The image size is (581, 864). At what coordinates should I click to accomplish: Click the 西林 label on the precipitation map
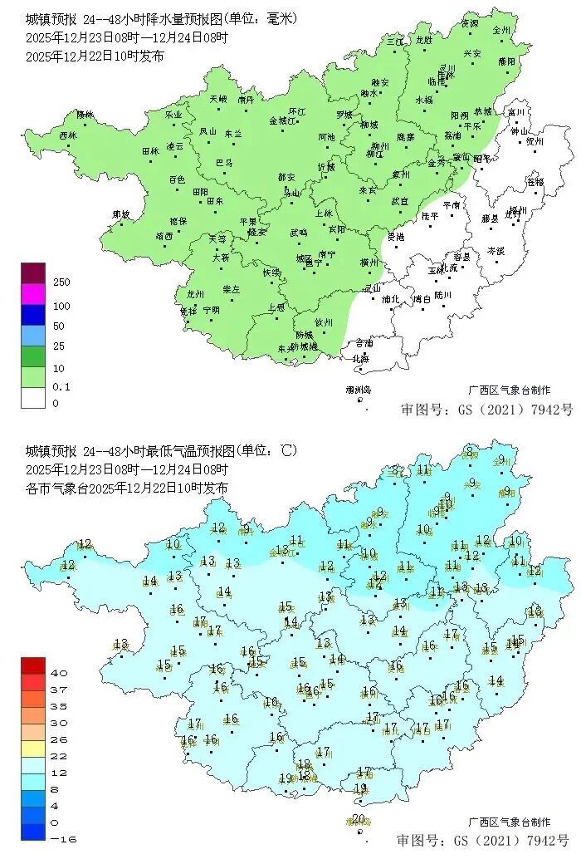[x=68, y=135]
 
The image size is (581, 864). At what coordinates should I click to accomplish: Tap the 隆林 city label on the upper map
[x=85, y=114]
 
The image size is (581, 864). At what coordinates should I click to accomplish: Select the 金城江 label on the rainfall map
[x=282, y=120]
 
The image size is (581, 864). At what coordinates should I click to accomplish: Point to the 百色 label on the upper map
[x=177, y=179]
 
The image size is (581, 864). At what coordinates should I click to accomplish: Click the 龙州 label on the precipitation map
[x=196, y=293]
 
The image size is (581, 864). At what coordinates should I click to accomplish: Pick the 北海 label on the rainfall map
[x=361, y=359]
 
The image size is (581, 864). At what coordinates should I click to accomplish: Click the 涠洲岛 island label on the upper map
[x=359, y=390]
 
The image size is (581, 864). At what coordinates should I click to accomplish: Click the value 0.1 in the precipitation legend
[x=61, y=387]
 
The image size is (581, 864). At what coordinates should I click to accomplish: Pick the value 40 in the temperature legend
[x=58, y=672]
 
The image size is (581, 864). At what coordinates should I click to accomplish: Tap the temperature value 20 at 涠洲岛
[x=358, y=819]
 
